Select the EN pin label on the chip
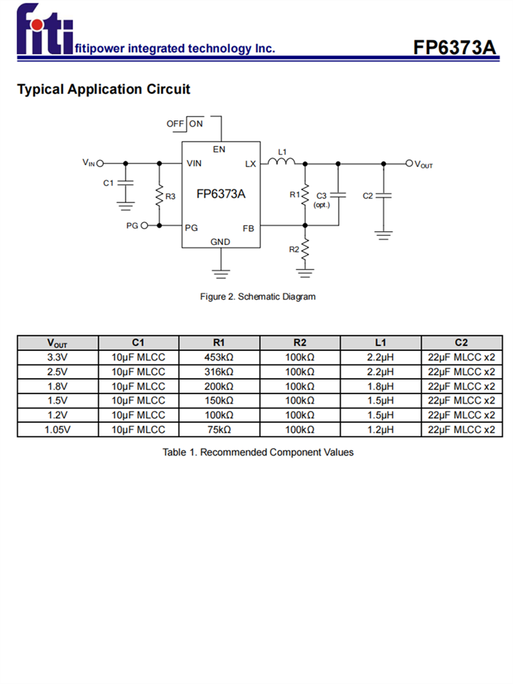pos(220,149)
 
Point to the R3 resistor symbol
pos(159,196)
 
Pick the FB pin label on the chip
pos(248,228)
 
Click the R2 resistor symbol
pos(305,248)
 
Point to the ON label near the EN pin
pos(196,124)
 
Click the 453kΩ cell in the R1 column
pos(219,357)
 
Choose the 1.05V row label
pos(57,430)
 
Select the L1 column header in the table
pos(380,343)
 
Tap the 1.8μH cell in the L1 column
pos(380,386)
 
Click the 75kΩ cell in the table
pos(219,430)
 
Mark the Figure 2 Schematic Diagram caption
pos(258,297)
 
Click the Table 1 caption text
pos(258,452)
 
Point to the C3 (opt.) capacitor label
pos(321,200)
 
